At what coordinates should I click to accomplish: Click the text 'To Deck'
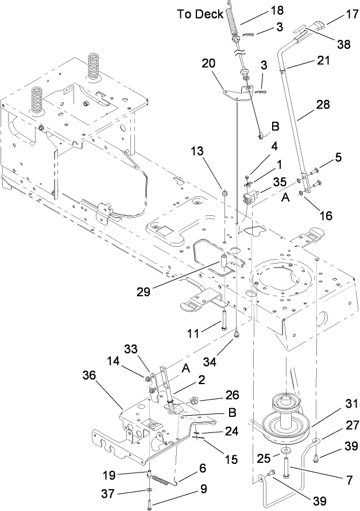[x=200, y=14]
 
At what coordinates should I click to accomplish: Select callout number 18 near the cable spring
[x=277, y=10]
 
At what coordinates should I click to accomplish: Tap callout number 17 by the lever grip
[x=352, y=14]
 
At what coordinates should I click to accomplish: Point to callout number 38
[x=344, y=44]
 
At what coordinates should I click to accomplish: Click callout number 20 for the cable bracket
[x=208, y=63]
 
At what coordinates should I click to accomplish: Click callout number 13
[x=197, y=151]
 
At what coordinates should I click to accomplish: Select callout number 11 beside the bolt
[x=193, y=333]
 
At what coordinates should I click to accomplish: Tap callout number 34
[x=210, y=361]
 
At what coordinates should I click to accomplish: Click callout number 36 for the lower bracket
[x=89, y=375]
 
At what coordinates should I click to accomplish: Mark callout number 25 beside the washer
[x=264, y=458]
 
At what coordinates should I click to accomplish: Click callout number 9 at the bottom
[x=203, y=489]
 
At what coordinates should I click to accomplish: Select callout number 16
[x=326, y=215]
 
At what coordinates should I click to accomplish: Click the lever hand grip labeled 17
[x=317, y=26]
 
